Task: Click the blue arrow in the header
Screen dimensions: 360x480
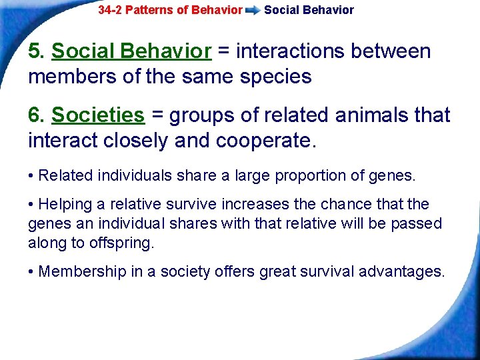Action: (x=253, y=11)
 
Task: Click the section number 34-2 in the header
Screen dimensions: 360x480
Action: (x=110, y=10)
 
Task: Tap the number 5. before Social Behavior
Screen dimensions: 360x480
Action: (x=37, y=51)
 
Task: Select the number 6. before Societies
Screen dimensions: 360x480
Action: (x=37, y=115)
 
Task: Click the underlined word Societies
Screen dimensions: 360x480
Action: (x=97, y=115)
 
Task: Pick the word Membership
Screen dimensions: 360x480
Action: (x=77, y=271)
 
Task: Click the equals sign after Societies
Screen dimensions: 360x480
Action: (x=158, y=115)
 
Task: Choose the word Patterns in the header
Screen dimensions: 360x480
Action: (x=150, y=10)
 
